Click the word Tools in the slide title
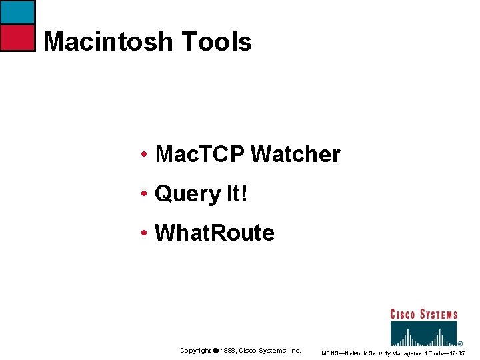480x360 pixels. coord(216,42)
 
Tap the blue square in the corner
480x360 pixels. coord(17,13)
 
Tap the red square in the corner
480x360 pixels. coord(17,38)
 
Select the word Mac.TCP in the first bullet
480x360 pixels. coord(199,155)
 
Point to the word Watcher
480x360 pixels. coord(295,155)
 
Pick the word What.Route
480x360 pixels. coord(214,233)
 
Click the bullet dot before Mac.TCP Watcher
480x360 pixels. coord(144,156)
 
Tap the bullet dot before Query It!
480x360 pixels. coord(144,195)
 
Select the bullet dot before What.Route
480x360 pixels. coord(144,233)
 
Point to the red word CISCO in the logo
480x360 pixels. coord(405,314)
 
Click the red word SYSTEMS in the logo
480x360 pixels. coord(441,314)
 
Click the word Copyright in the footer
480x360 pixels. coord(195,351)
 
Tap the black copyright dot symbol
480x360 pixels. coord(216,351)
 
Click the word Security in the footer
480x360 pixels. coord(381,353)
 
